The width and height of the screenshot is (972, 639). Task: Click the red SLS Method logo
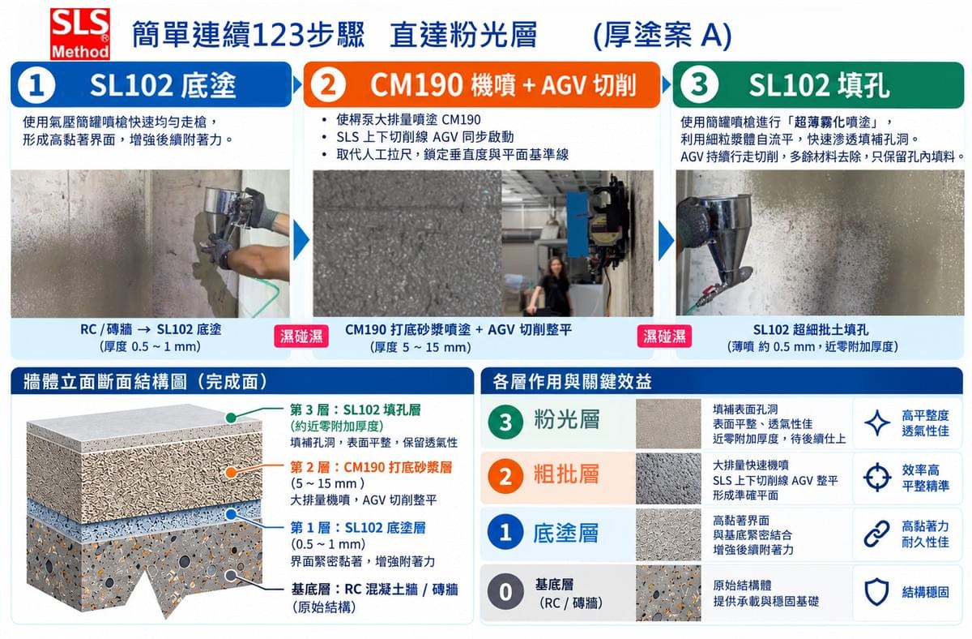coord(80,34)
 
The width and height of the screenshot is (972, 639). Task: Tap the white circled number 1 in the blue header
coord(37,85)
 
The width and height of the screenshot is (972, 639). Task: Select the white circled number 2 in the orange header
coord(328,84)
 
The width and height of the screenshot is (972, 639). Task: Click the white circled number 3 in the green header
coord(698,84)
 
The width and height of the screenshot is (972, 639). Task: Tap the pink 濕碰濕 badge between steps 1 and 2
coord(301,337)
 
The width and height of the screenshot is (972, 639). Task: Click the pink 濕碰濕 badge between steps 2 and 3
coord(664,337)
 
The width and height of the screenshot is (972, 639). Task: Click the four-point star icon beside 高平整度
coord(877,422)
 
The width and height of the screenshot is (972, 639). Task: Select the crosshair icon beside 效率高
coord(877,478)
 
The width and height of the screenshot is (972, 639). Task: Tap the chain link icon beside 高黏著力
coord(877,534)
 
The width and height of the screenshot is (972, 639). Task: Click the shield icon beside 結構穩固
coord(877,592)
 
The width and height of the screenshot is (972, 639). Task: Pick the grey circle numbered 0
coord(505,592)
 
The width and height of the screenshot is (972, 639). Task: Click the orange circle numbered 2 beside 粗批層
coord(505,477)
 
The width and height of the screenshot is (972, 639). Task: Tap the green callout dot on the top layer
coord(232,418)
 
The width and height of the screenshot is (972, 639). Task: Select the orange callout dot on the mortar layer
coord(232,473)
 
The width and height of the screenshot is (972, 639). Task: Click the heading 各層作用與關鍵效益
coord(572,381)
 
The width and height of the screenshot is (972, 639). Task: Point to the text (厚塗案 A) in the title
coord(663,35)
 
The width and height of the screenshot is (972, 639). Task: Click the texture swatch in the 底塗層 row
coord(668,534)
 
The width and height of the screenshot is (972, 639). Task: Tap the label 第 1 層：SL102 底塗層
coord(358,528)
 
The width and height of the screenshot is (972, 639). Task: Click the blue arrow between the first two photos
coord(301,241)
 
